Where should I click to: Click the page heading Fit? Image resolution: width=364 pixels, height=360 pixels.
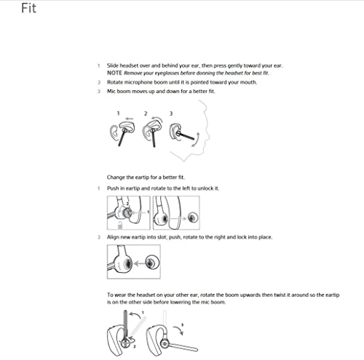pyautogui.click(x=10, y=9)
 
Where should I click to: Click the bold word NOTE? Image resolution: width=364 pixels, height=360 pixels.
pyautogui.click(x=116, y=74)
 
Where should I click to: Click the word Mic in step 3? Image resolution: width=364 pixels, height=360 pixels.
pyautogui.click(x=112, y=92)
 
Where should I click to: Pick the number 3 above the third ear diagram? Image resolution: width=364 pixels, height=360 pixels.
pyautogui.click(x=171, y=113)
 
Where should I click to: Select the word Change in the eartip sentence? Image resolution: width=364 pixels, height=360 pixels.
pyautogui.click(x=117, y=177)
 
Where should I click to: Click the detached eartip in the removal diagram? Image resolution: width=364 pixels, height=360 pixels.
pyautogui.click(x=191, y=217)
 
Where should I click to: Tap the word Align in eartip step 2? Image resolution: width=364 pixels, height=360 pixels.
pyautogui.click(x=115, y=238)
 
